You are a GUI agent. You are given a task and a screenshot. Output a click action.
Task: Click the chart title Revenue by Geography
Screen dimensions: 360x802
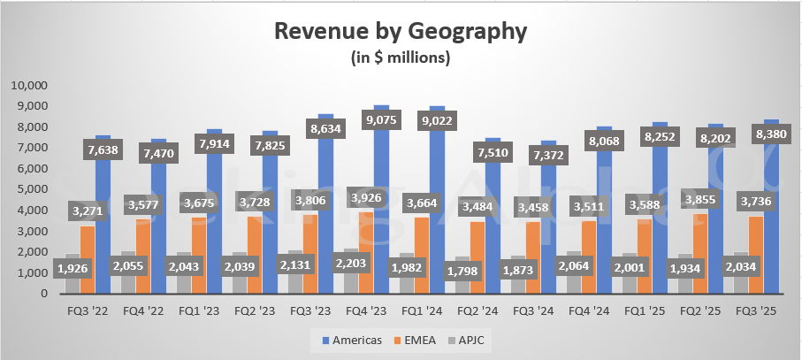click(401, 33)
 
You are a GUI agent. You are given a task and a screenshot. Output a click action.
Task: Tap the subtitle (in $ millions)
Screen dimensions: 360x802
click(401, 58)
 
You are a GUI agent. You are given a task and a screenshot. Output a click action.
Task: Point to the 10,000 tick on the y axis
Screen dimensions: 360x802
click(31, 86)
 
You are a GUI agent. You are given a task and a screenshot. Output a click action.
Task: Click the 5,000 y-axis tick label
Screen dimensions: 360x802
click(34, 189)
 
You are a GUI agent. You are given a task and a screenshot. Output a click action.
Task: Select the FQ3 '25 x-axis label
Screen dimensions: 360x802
click(757, 311)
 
